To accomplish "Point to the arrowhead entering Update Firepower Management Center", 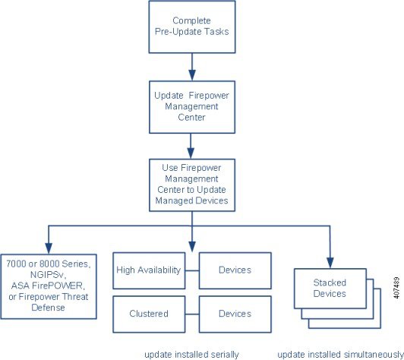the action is [x=192, y=75].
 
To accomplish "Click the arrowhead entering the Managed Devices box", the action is [x=191, y=153].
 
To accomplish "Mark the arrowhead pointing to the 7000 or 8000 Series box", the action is [x=49, y=248].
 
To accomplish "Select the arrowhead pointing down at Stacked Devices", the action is [x=330, y=263].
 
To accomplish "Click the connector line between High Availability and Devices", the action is [x=192, y=270].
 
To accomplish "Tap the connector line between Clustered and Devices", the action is [x=192, y=314].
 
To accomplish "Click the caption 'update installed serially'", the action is [x=191, y=355].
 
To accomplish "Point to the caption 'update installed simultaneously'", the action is [x=341, y=355].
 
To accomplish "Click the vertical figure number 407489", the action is [x=396, y=288].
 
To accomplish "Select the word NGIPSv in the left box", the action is [x=48, y=275].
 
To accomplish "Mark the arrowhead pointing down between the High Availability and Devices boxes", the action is [x=192, y=247].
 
